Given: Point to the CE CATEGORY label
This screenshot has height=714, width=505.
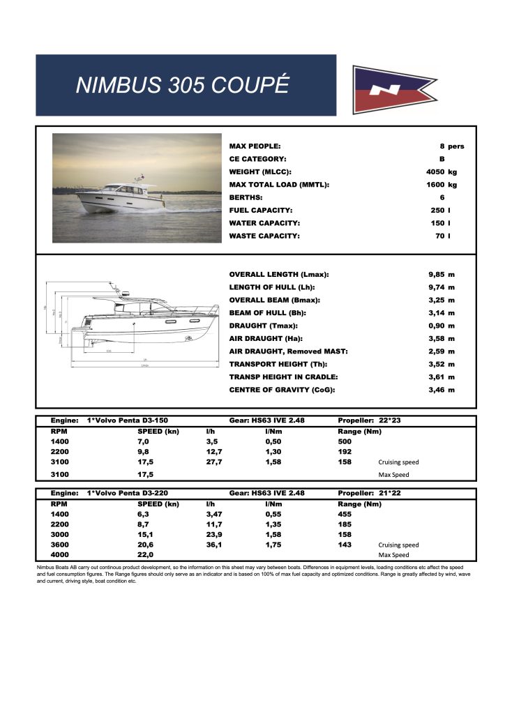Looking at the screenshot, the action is coord(258,160).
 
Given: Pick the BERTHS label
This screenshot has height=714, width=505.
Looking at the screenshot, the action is coord(247,198).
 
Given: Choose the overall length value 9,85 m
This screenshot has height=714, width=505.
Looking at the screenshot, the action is coord(442,275).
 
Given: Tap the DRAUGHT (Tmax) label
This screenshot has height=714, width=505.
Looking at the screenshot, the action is coord(264,326).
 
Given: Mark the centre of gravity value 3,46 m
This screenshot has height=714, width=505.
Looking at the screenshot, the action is coord(442,390).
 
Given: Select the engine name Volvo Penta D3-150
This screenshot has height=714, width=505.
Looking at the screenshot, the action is coord(128,421).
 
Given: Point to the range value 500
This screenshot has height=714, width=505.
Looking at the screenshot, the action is coord(345,441).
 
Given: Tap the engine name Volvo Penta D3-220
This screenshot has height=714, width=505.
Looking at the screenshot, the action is coord(128,493).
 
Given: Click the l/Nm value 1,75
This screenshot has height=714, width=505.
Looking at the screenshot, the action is coord(273,545).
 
